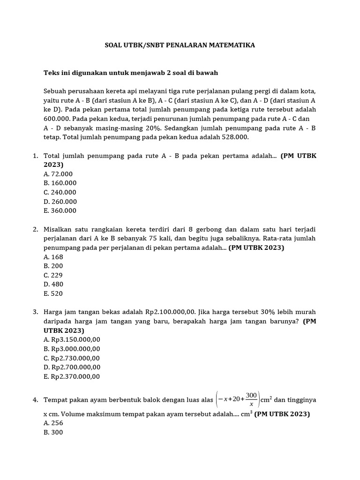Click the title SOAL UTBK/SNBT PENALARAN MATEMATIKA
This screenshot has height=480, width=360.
tap(180, 45)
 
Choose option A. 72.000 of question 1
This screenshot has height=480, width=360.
tap(58, 174)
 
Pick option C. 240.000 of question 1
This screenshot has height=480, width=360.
tap(60, 192)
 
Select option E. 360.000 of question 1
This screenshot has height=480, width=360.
tap(60, 210)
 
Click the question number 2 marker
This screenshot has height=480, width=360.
tap(35, 229)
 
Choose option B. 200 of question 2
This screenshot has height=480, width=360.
tap(53, 266)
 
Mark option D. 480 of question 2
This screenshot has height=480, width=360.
tap(53, 284)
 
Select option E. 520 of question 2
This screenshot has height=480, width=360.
tap(53, 293)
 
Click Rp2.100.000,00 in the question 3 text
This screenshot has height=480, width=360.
tap(170, 312)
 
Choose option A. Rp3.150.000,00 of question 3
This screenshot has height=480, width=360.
tap(72, 339)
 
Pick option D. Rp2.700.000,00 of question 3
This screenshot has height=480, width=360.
tap(72, 367)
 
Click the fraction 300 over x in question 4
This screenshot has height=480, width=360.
tap(251, 399)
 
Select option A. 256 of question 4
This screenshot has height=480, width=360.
tap(53, 423)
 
